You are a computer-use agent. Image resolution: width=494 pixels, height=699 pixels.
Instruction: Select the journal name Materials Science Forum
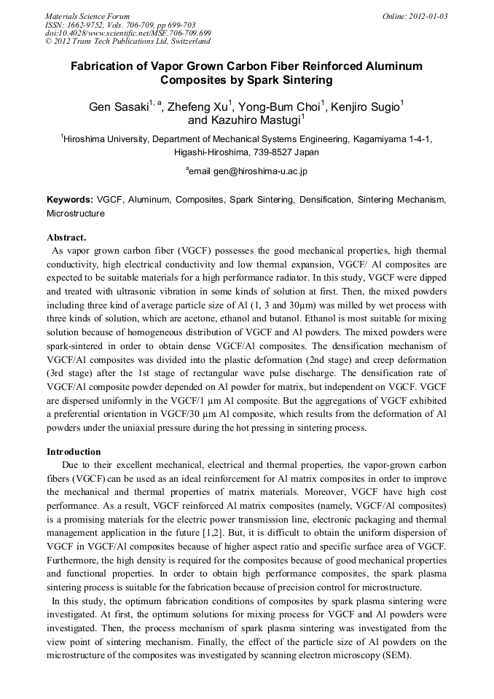point(87,16)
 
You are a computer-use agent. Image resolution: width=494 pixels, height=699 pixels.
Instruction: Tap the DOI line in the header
point(128,34)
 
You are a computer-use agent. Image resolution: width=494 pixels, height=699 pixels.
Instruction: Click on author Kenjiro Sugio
point(365,107)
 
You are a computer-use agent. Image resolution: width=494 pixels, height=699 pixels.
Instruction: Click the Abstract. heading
point(66,238)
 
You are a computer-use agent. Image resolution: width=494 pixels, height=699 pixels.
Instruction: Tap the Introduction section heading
point(74,452)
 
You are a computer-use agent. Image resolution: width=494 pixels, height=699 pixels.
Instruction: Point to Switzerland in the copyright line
point(188,42)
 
